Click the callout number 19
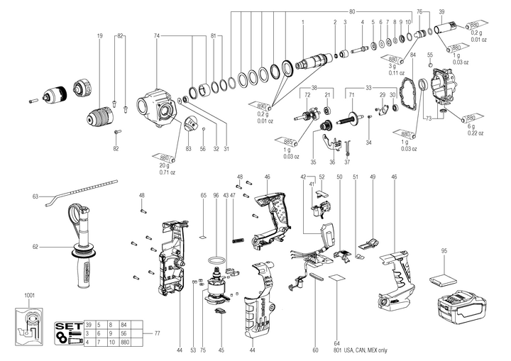pyautogui.click(x=100, y=35)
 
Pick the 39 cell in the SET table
pyautogui.click(x=89, y=323)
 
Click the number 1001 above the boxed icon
pyautogui.click(x=29, y=295)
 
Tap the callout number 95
pyautogui.click(x=444, y=251)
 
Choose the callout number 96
pyautogui.click(x=216, y=195)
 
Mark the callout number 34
pyautogui.click(x=368, y=143)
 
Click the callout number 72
pyautogui.click(x=308, y=95)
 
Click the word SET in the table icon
pyautogui.click(x=68, y=328)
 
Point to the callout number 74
pyautogui.click(x=157, y=35)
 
